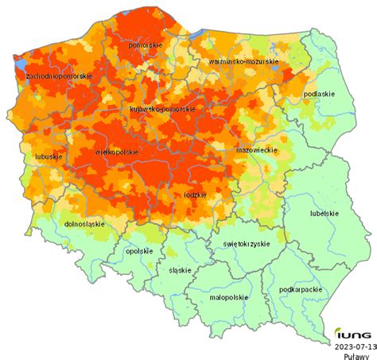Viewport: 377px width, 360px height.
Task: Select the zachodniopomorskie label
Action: coord(59,76)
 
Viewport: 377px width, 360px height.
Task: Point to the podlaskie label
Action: coord(319,95)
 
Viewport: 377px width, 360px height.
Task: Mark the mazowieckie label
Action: coord(256,149)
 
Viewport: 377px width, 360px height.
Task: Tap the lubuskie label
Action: coord(49,157)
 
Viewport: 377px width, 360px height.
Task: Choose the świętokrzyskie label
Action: coord(247,244)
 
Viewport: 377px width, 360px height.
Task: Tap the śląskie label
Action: coord(180,270)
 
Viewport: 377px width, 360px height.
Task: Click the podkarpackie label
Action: coord(301,290)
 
